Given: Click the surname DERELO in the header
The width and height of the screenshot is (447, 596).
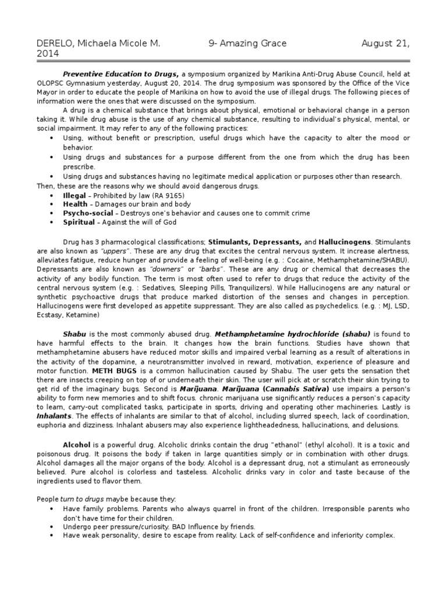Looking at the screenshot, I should (x=55, y=44).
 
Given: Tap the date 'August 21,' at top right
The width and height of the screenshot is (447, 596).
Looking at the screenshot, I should (x=385, y=44).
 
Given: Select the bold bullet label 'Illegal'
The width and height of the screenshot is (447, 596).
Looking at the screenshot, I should (x=74, y=196).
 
